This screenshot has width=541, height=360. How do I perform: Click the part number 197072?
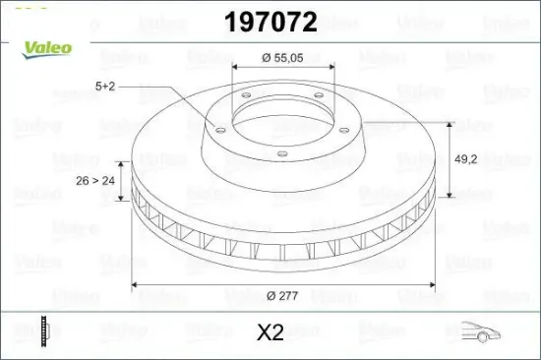pos(270,22)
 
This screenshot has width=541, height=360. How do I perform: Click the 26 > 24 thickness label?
pos(96,180)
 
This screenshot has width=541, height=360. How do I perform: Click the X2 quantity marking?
pos(270,333)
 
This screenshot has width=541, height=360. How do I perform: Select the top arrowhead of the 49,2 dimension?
pos(450,125)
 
